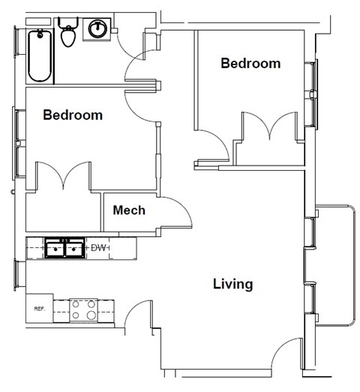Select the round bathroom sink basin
pyautogui.click(x=97, y=30)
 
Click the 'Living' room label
pyautogui.click(x=232, y=284)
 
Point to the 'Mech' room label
pyautogui.click(x=129, y=210)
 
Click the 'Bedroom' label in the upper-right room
pyautogui.click(x=250, y=64)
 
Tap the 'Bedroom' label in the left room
pyautogui.click(x=73, y=115)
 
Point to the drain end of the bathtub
pyautogui.click(x=39, y=37)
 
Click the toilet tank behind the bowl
pyautogui.click(x=68, y=23)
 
